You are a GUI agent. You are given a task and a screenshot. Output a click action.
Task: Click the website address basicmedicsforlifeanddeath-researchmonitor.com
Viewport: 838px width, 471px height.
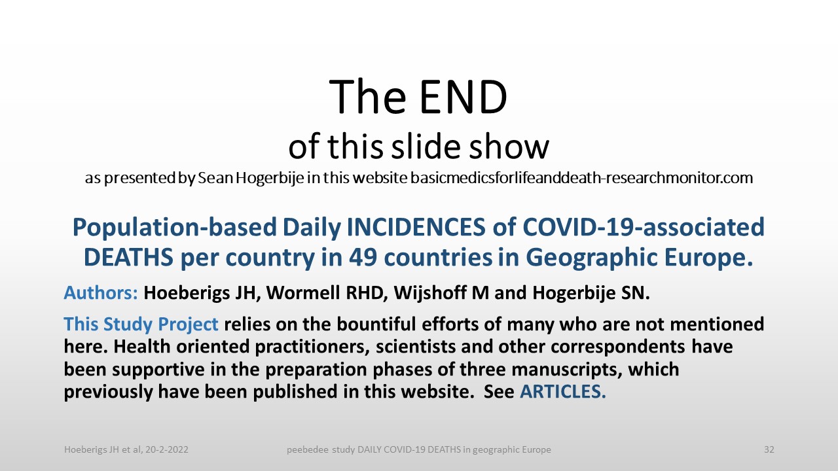(582, 178)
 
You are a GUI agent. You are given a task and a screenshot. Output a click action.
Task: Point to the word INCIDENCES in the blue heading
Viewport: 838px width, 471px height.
(416, 227)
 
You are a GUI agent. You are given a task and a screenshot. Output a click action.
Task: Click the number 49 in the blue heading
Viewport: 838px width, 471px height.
(363, 258)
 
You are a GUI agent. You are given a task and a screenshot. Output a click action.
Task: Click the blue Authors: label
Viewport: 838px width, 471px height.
(101, 292)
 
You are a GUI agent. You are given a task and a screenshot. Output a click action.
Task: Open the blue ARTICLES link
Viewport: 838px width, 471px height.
(562, 391)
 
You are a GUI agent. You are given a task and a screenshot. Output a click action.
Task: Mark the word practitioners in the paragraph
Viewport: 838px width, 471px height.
(310, 347)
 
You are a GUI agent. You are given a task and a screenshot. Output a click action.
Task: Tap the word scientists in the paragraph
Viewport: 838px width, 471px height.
(416, 347)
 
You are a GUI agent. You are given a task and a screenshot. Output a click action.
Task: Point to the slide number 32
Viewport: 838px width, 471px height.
(769, 449)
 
